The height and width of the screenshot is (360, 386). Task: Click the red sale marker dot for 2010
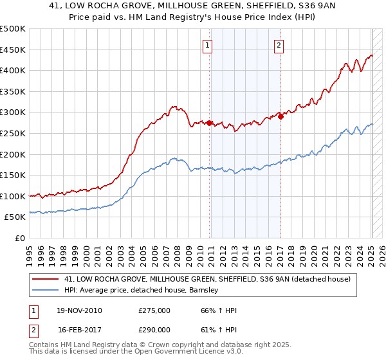click(210, 122)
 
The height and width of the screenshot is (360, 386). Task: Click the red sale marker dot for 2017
click(280, 116)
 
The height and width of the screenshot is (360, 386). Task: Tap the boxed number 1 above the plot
click(208, 46)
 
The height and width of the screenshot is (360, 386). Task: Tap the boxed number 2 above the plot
click(279, 46)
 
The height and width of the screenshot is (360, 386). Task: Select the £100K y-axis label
click(12, 196)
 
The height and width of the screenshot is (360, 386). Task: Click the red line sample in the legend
click(46, 279)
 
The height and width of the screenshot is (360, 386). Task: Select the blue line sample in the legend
click(46, 290)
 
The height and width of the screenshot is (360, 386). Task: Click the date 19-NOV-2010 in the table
click(78, 310)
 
